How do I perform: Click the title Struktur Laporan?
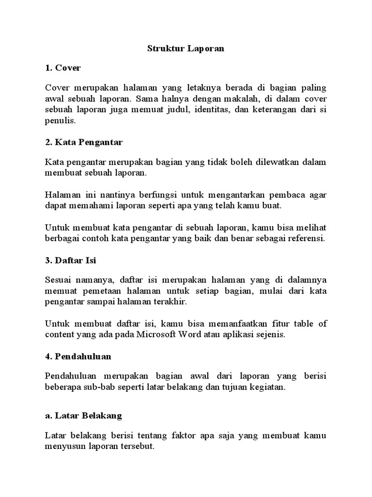click(x=186, y=49)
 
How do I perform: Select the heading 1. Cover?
click(x=62, y=68)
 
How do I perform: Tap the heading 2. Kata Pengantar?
click(x=84, y=143)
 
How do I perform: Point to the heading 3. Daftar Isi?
click(x=71, y=260)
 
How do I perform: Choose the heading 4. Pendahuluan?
click(x=78, y=356)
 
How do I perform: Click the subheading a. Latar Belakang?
click(x=83, y=415)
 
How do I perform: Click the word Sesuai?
click(x=59, y=280)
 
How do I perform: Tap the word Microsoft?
click(x=162, y=334)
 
